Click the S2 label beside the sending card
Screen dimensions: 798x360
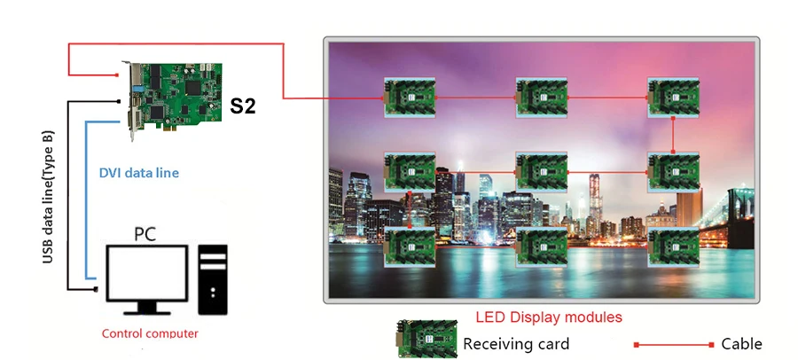click(243, 106)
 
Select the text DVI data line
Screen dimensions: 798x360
click(138, 173)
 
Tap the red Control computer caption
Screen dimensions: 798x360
click(150, 333)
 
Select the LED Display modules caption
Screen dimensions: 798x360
click(549, 317)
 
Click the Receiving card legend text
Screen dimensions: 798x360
click(516, 343)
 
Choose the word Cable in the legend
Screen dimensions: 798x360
click(741, 343)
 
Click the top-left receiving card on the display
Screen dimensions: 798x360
click(411, 97)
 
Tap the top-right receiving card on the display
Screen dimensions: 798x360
click(674, 97)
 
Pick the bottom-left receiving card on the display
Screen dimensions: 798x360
click(411, 244)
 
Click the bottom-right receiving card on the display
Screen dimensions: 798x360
click(674, 244)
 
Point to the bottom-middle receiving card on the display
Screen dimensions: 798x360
click(542, 244)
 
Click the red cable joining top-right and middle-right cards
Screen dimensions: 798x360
click(674, 134)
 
